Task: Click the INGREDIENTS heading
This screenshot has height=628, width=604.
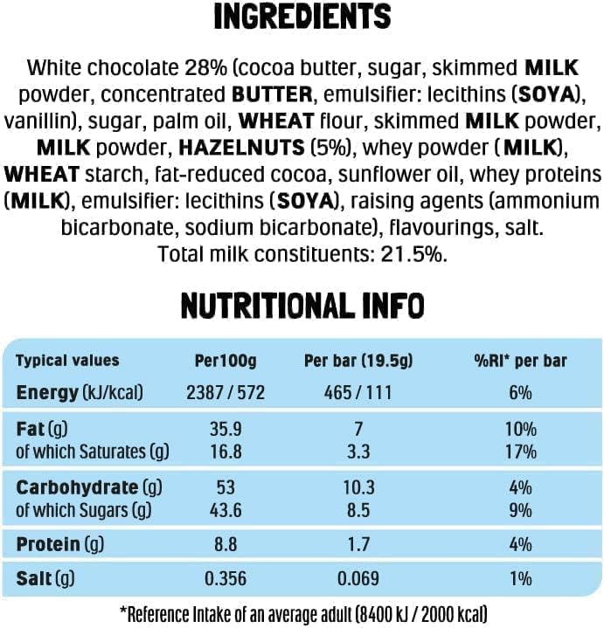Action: [x=302, y=17]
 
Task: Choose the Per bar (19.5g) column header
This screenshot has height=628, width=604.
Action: [x=358, y=361]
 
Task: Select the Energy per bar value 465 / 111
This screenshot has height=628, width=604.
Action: [x=358, y=392]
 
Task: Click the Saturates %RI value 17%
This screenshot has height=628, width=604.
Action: [x=520, y=452]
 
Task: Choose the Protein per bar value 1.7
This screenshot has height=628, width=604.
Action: [x=358, y=545]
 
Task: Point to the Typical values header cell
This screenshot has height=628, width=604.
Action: [x=67, y=361]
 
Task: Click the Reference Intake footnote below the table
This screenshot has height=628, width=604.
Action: [x=302, y=612]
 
